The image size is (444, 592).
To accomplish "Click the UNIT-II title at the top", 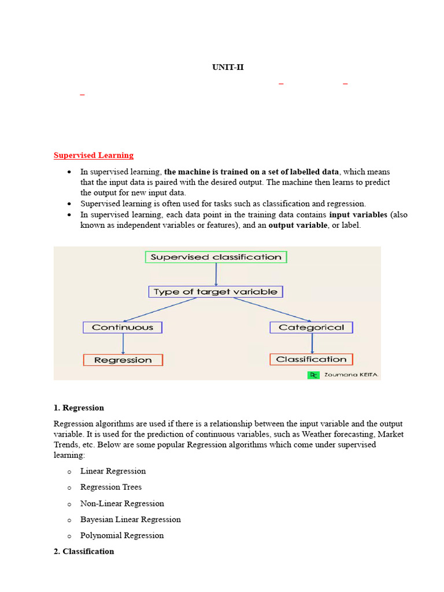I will [228, 68].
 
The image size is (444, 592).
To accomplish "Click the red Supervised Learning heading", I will [94, 156].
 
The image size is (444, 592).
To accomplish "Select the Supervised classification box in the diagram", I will [216, 257].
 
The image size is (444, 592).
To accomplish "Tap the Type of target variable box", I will [216, 292].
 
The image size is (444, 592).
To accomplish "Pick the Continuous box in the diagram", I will [123, 327].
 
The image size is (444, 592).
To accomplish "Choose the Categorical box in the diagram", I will [311, 327].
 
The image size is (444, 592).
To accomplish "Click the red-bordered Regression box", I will [123, 360].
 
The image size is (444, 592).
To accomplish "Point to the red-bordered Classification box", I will [311, 360].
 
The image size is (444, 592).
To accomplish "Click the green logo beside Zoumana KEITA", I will [313, 375].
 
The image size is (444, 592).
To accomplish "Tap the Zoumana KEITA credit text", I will [351, 375].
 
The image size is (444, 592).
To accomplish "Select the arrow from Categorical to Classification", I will [312, 343].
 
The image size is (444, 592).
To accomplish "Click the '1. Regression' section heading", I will [79, 408].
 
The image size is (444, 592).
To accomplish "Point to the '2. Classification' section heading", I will [84, 552].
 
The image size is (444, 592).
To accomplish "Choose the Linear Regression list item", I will [113, 471].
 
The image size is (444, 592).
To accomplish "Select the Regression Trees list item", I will [111, 487].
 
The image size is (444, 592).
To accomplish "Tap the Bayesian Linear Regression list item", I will [131, 520].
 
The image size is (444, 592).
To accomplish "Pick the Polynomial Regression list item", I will [122, 536].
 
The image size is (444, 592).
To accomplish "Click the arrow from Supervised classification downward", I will [216, 275].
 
